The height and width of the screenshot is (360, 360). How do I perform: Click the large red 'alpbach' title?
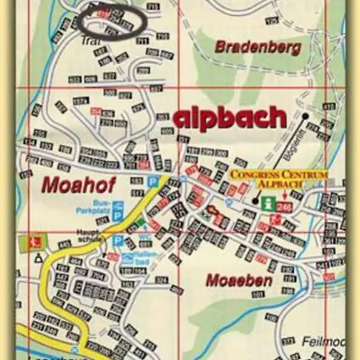(230, 118)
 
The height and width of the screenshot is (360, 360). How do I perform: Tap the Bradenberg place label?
(258, 48)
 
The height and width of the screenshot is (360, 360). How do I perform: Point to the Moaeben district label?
(238, 281)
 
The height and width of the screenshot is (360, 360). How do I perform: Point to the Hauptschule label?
(88, 237)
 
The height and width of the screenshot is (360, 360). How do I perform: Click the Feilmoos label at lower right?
(324, 341)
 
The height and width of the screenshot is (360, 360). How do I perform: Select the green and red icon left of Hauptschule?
(32, 241)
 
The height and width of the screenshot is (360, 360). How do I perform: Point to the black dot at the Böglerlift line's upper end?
(306, 117)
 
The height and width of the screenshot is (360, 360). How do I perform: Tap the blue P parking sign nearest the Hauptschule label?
(118, 240)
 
